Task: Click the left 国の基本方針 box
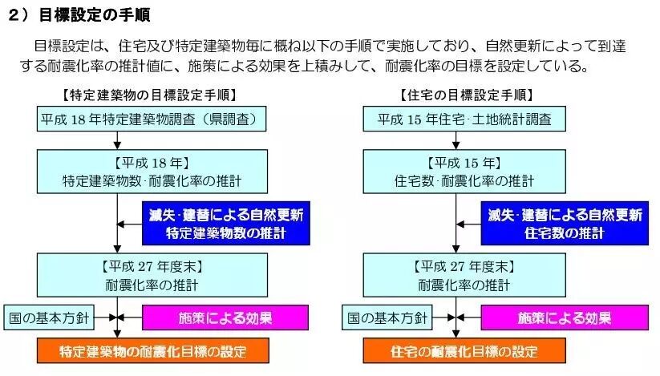pos(48,317)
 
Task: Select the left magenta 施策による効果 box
pos(224,317)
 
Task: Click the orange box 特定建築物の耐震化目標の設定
pos(152,351)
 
